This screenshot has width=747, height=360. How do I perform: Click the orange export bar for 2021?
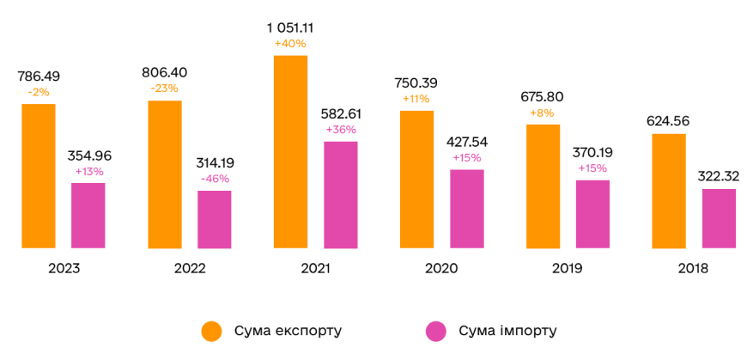click(290, 152)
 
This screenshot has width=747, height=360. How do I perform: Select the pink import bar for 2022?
click(215, 220)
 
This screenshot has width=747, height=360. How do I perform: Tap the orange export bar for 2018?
click(670, 191)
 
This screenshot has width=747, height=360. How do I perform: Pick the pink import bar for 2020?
click(467, 209)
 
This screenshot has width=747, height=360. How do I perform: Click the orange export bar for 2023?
click(39, 176)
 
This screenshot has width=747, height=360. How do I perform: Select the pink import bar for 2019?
click(592, 214)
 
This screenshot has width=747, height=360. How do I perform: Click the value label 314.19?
click(215, 162)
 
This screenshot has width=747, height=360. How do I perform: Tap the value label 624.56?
click(670, 120)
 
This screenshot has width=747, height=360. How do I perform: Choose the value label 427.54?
click(467, 141)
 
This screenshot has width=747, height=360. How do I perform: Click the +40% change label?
click(290, 43)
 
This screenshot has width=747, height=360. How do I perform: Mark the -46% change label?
click(215, 178)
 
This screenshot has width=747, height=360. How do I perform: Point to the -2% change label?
click(39, 91)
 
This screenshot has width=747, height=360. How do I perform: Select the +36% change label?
click(341, 129)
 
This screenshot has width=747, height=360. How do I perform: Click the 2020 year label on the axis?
click(441, 268)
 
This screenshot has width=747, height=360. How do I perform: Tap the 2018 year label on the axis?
click(693, 268)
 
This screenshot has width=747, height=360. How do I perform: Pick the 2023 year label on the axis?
click(64, 268)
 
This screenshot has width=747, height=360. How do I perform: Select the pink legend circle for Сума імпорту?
click(437, 331)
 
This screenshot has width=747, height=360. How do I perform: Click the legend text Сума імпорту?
click(507, 331)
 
